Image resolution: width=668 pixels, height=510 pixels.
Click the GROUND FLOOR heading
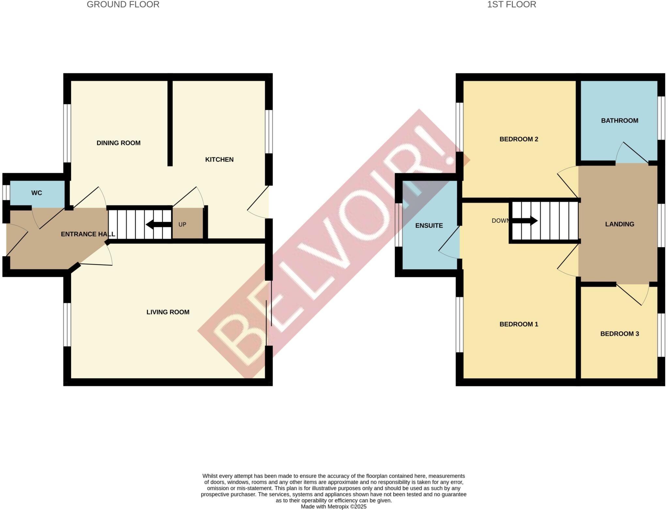(123, 5)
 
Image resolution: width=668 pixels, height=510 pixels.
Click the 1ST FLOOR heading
(511, 5)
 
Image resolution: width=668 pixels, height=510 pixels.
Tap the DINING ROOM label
(118, 143)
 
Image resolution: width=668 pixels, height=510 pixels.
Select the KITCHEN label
(219, 159)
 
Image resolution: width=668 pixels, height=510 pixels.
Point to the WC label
(37, 193)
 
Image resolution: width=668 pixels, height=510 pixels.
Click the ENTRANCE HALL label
(88, 234)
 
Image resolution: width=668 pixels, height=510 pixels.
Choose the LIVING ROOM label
(168, 312)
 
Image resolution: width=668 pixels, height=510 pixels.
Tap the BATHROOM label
(619, 121)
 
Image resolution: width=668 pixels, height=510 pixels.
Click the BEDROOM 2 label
(519, 139)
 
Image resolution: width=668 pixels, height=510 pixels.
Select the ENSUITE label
(429, 226)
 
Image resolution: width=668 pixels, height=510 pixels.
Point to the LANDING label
(619, 224)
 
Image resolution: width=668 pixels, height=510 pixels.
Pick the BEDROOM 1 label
(519, 324)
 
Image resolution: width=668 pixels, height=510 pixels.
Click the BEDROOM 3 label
(619, 334)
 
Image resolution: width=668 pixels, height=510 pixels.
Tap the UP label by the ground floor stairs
(182, 225)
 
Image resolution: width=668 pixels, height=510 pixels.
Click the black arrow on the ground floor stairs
(159, 224)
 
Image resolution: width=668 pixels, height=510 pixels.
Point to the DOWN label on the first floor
(500, 221)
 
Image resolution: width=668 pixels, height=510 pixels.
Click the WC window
(6, 192)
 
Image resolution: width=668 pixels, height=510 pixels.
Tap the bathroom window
(661, 118)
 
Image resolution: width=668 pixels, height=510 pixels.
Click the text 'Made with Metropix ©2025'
(333, 507)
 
